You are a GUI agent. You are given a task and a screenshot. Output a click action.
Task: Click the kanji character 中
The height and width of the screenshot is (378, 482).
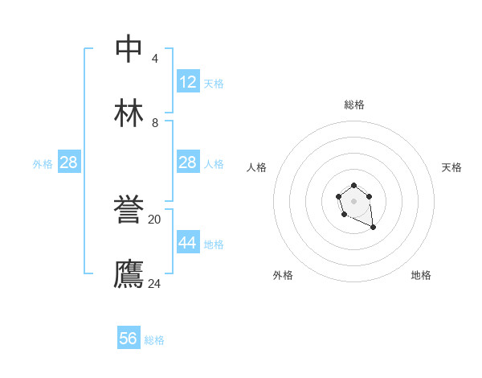(x=129, y=48)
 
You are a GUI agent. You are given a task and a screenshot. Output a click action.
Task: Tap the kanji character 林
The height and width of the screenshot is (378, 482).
(x=129, y=113)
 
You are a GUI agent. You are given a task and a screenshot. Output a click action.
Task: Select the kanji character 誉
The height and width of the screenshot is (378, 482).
(x=129, y=209)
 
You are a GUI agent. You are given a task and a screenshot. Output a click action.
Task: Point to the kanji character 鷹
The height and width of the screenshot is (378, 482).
(x=129, y=273)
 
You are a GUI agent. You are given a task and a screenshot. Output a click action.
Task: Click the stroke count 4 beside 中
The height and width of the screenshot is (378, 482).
(x=155, y=59)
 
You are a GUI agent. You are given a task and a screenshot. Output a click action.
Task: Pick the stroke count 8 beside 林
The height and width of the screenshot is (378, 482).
(x=155, y=123)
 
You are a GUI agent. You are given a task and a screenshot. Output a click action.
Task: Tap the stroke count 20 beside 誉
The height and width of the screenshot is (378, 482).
(x=155, y=219)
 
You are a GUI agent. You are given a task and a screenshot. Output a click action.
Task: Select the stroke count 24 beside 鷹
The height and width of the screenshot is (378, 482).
(x=155, y=283)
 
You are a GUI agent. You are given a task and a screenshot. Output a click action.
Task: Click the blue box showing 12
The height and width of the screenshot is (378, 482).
(x=187, y=82)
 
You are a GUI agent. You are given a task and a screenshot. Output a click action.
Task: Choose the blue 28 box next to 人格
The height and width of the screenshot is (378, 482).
(x=187, y=162)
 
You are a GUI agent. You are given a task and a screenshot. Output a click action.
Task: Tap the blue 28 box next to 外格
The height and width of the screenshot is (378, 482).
(x=68, y=162)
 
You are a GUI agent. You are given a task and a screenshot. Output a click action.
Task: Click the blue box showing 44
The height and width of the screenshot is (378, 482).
(x=187, y=243)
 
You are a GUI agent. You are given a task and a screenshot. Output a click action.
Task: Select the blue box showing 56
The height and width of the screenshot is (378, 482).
(x=129, y=339)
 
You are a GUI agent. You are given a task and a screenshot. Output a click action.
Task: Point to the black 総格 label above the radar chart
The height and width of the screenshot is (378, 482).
(x=354, y=105)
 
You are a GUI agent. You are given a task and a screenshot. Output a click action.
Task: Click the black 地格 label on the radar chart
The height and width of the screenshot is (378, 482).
(x=421, y=276)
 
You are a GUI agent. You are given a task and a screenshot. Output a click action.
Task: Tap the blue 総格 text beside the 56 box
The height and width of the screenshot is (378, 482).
(x=154, y=340)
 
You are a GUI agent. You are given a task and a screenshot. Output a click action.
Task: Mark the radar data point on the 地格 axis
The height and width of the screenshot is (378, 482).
(x=374, y=228)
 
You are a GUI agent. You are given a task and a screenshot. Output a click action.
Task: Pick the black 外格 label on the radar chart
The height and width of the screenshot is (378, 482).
(x=283, y=276)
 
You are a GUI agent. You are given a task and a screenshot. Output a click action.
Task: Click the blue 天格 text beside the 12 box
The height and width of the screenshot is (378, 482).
(x=214, y=84)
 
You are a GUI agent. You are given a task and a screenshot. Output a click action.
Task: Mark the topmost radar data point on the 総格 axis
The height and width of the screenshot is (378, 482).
(x=354, y=186)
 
